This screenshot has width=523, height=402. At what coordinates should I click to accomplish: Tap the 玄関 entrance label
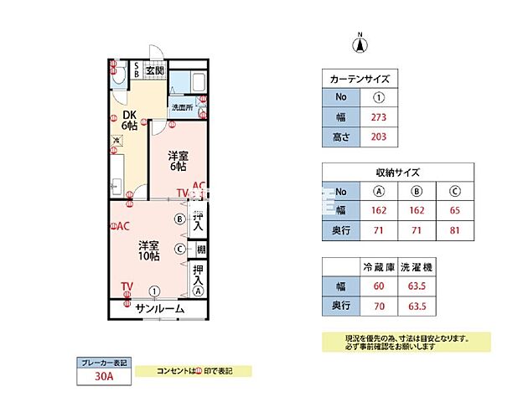click(154, 70)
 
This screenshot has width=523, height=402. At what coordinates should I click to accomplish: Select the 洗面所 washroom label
click(182, 108)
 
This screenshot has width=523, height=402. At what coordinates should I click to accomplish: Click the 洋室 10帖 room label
click(150, 252)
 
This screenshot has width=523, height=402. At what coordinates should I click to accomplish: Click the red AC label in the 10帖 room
click(121, 226)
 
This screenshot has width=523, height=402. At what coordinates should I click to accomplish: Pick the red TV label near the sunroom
click(126, 287)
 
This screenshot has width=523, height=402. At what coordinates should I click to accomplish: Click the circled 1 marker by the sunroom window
click(155, 291)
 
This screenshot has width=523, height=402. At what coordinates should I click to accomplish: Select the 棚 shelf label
click(201, 250)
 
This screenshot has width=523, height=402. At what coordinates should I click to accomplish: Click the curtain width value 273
click(377, 117)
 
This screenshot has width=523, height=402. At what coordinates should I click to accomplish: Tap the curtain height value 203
click(377, 136)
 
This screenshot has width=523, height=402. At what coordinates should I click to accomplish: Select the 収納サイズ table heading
click(397, 173)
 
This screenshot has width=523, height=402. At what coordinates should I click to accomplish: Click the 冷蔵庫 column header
click(378, 267)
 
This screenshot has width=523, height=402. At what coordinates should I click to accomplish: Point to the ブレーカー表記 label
click(104, 363)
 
